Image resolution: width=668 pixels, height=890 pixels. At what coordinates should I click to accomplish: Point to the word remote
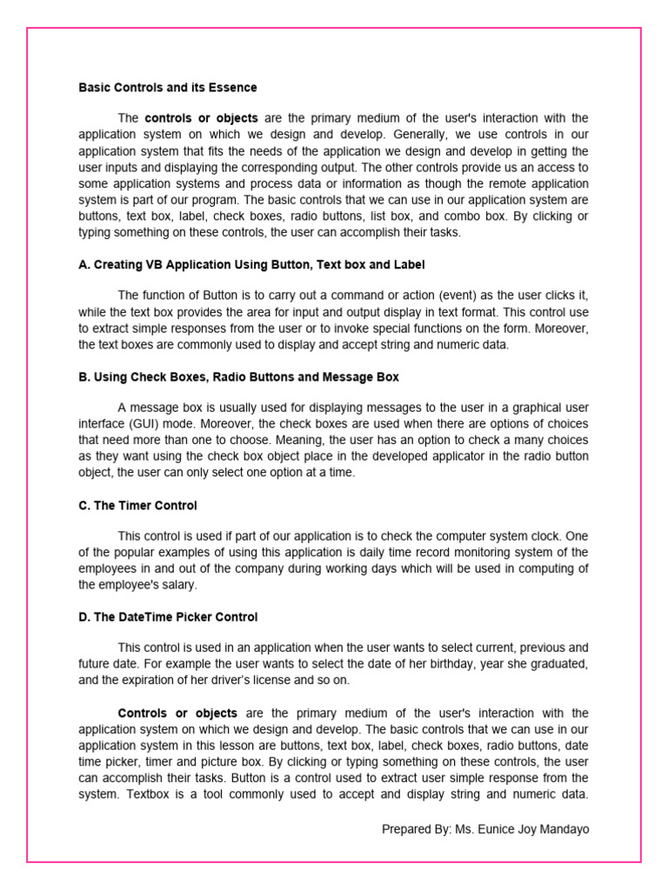tap(484, 184)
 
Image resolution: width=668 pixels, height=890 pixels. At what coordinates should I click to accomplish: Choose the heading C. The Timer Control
tap(137, 505)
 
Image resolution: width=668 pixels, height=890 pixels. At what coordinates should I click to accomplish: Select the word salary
tap(177, 585)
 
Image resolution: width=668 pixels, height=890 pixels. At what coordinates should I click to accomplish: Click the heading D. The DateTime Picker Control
tap(168, 617)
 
